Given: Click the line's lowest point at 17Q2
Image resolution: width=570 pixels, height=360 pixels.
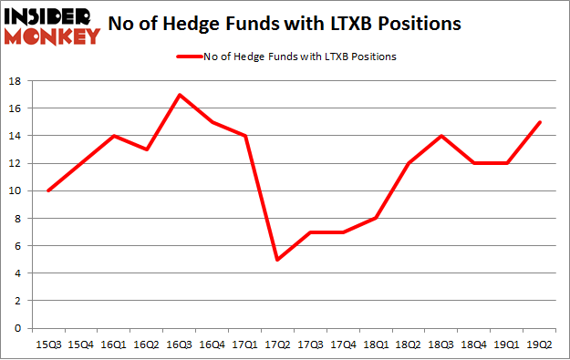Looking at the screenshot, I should pyautogui.click(x=275, y=260).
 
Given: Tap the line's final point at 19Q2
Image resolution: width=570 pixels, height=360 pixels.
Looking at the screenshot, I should pyautogui.click(x=540, y=122).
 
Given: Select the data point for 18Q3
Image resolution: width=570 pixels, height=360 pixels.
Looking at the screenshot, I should pyautogui.click(x=441, y=136).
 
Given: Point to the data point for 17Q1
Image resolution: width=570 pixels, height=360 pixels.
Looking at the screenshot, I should pyautogui.click(x=244, y=136).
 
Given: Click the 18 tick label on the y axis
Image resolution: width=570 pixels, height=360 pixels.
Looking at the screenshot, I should pyautogui.click(x=16, y=81).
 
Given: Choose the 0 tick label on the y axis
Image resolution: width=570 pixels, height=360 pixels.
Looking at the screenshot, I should pyautogui.click(x=18, y=328).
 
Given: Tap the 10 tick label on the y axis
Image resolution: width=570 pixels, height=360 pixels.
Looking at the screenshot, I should pyautogui.click(x=16, y=190).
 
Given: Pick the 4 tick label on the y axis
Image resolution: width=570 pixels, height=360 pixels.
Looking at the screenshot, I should pyautogui.click(x=18, y=273).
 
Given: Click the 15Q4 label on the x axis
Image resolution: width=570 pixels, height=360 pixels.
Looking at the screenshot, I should pyautogui.click(x=80, y=344).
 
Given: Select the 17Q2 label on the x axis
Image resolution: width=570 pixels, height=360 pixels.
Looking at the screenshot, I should pyautogui.click(x=277, y=344).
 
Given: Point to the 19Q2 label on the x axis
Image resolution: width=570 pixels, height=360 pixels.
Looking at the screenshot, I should pyautogui.click(x=540, y=344).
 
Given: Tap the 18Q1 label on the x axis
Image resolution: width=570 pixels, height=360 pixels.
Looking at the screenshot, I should pyautogui.click(x=376, y=344).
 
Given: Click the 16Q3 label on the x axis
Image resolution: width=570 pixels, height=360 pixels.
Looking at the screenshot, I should pyautogui.click(x=179, y=344).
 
